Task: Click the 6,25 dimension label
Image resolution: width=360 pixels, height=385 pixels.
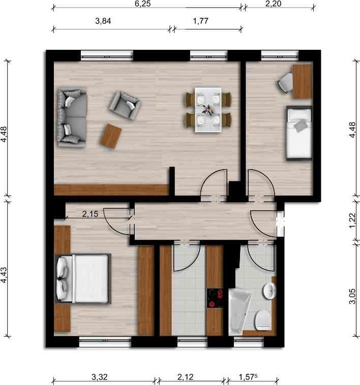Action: [142, 4]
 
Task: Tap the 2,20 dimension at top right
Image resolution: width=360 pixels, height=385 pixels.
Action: [273, 4]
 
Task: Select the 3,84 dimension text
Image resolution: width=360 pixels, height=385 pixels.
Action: [103, 21]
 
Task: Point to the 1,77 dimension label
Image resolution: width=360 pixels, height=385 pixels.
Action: [200, 21]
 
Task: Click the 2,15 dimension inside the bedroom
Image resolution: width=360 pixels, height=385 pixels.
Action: [90, 214]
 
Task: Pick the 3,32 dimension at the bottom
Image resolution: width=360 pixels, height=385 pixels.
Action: [100, 377]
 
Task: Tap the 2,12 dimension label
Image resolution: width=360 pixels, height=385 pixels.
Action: [186, 377]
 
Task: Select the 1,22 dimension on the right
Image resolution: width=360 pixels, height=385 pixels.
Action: [352, 220]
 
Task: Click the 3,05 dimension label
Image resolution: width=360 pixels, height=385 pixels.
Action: [352, 296]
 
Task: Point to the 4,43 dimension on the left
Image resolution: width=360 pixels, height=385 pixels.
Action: [4, 275]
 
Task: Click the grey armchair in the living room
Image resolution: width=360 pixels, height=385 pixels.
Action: [125, 105]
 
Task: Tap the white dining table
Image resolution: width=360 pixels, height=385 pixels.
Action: [208, 110]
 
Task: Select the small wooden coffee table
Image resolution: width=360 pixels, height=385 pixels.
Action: [111, 136]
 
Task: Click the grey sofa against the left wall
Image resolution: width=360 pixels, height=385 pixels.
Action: [72, 118]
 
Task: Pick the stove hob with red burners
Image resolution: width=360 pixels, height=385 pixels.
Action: [215, 298]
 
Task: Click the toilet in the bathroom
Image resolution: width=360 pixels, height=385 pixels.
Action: [263, 320]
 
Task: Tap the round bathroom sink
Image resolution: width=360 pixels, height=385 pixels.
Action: [269, 291]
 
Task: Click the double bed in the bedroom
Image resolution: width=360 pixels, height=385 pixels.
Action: [83, 279]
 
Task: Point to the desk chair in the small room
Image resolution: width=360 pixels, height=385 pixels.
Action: [285, 83]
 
